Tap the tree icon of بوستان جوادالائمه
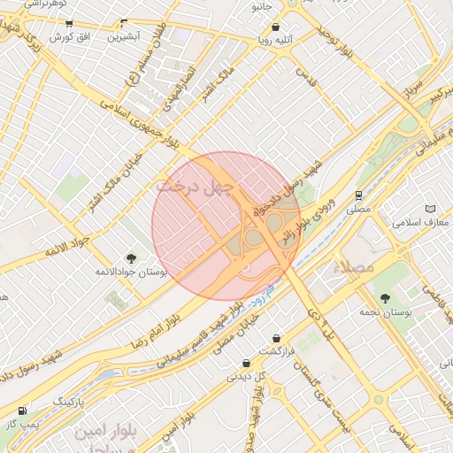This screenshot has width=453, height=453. [132, 258]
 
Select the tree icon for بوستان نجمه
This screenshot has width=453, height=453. [384, 298]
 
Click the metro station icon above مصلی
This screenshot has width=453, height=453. [358, 196]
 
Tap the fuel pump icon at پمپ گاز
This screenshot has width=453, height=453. [22, 411]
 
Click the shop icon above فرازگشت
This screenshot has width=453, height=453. [277, 338]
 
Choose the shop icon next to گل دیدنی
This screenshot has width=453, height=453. [246, 363]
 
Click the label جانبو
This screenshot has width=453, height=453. [260, 7]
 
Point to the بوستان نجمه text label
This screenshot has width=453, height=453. [383, 312]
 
